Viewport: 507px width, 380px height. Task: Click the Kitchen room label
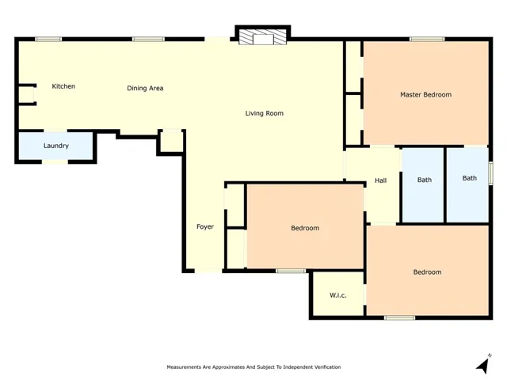(63, 86)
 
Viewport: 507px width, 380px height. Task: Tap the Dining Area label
(145, 88)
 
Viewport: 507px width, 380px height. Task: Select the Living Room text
(264, 113)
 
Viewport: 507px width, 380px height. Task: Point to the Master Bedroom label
(426, 95)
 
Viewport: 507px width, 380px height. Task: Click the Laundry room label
(56, 146)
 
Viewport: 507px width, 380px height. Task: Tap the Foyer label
(205, 227)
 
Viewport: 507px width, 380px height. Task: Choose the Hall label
(380, 180)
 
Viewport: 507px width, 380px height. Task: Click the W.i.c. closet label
(338, 295)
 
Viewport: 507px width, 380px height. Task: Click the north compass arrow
(483, 364)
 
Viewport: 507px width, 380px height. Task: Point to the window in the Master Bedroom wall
(427, 39)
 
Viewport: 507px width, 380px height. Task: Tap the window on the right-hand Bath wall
(490, 173)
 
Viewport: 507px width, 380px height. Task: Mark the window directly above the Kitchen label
(48, 39)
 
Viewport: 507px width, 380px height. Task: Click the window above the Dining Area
(148, 39)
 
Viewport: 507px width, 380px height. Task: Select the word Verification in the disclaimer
(328, 367)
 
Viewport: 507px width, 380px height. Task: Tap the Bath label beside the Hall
(425, 180)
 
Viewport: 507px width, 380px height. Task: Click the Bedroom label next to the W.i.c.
(427, 272)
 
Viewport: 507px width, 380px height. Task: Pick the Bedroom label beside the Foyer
(305, 228)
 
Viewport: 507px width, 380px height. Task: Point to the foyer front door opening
(208, 271)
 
